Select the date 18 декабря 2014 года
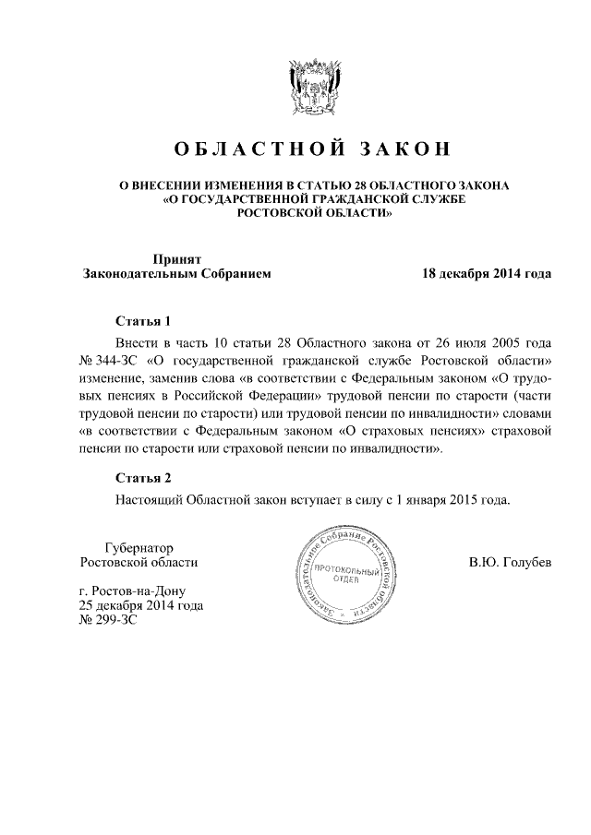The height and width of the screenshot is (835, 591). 487,274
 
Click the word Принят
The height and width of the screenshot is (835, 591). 176,259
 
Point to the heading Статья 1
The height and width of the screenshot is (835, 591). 143,322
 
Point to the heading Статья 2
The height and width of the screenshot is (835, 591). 143,478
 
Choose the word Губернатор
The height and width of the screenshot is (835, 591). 139,547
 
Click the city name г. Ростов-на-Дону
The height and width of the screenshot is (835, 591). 134,590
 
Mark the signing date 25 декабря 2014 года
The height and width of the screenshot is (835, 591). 141,606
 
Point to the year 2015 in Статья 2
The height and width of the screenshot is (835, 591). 461,499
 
